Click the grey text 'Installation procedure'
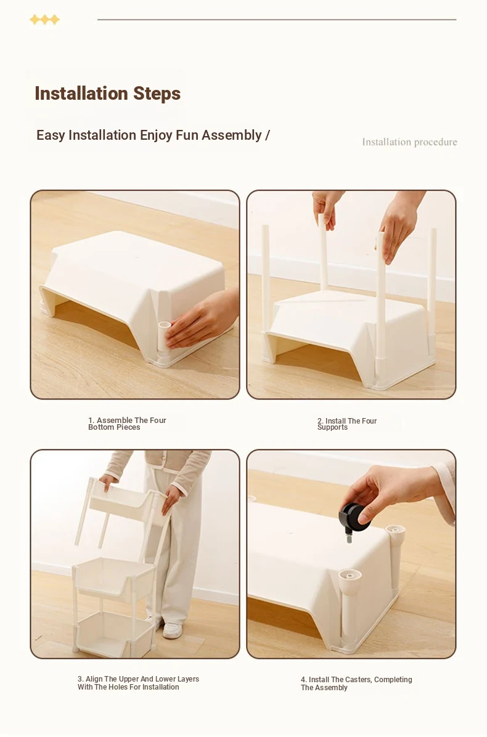[409, 142]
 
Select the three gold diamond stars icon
[45, 20]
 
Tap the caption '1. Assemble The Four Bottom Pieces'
[127, 424]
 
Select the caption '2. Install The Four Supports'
[347, 424]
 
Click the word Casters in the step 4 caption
[358, 680]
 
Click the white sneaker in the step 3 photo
[172, 630]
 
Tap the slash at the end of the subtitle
[268, 135]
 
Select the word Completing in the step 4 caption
[393, 680]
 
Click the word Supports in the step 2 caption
[332, 428]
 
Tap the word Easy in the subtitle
[51, 136]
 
